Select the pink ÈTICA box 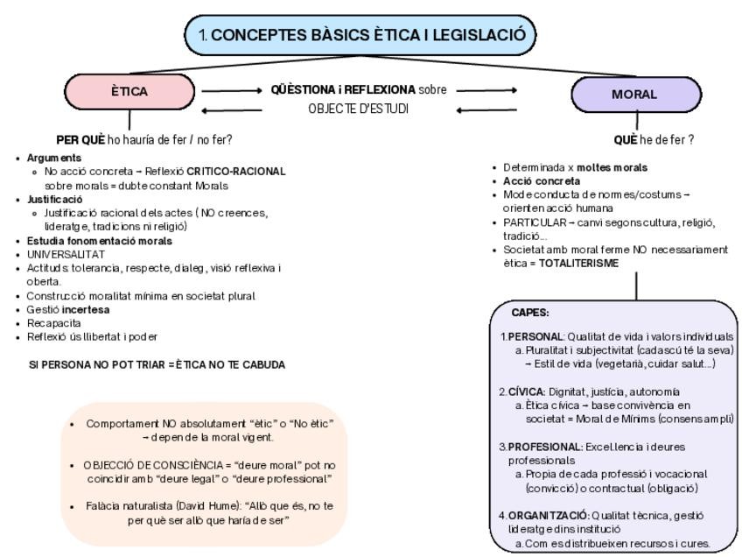pos(129,90)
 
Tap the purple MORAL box pos(634,94)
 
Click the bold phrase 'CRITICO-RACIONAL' pos(237,170)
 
